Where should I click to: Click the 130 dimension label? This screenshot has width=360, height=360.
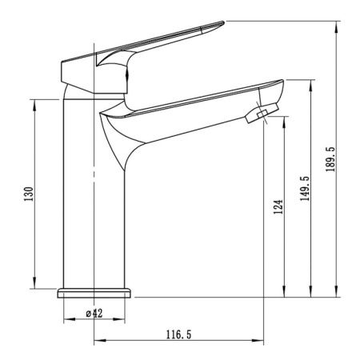[x=29, y=194]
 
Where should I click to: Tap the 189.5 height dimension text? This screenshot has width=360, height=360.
[x=330, y=159]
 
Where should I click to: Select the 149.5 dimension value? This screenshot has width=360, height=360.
[x=305, y=189]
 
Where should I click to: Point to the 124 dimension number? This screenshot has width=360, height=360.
[x=278, y=206]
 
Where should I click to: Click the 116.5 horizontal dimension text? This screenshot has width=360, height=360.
[x=179, y=334]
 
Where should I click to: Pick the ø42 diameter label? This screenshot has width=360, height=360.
[x=94, y=313]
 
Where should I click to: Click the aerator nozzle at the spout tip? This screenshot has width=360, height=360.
[x=262, y=113]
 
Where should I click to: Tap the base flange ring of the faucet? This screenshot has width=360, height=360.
[x=94, y=293]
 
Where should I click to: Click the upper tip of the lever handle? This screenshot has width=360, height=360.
[x=222, y=22]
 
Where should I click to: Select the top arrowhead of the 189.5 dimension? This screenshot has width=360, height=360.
[x=337, y=26]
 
